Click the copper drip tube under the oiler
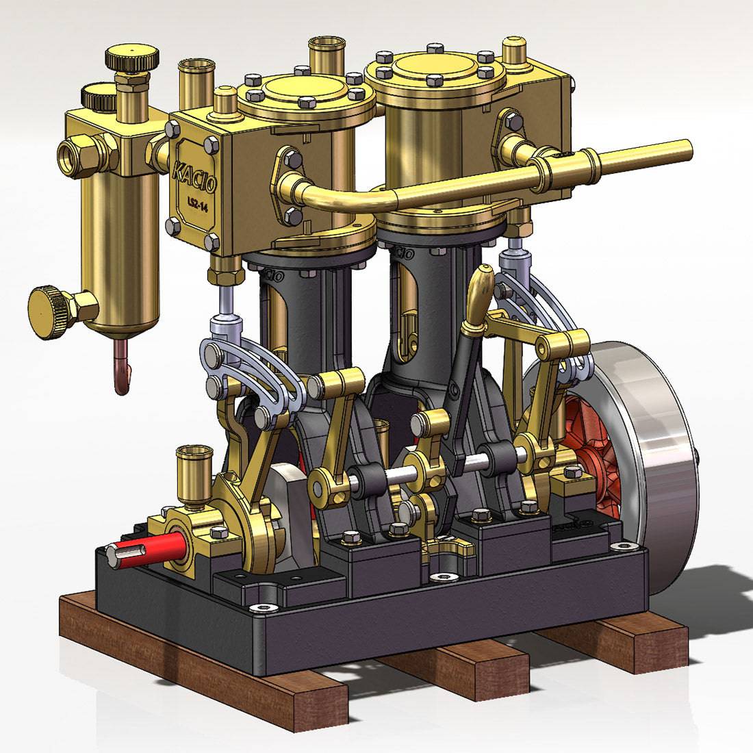coord(122,370)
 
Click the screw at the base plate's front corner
coord(263,607)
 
